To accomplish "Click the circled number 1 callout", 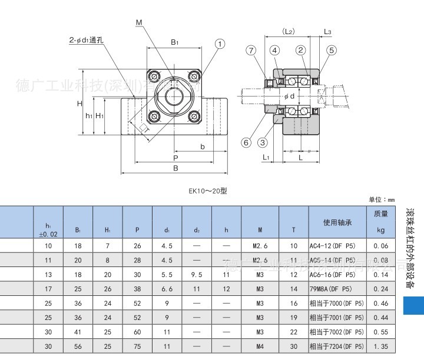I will pos(220,44).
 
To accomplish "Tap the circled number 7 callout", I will pos(252,50).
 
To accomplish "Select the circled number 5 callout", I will pos(332,50).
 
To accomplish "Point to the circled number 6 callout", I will pos(246,142).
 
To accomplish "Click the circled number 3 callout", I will pos(263,142).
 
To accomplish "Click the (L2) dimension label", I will pos(288,31).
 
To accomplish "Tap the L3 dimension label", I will pos(327,31).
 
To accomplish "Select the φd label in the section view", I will pos(289,96).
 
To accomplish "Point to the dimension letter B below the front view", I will pos(175,168).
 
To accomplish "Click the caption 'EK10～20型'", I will pos(207,191).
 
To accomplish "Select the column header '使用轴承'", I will pos(337,222).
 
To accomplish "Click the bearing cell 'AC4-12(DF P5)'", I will pos(332,245).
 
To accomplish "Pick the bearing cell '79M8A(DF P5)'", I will pos(332,289).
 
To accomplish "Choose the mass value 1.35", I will pos(380,346).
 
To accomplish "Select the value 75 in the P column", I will pos(137,346).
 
